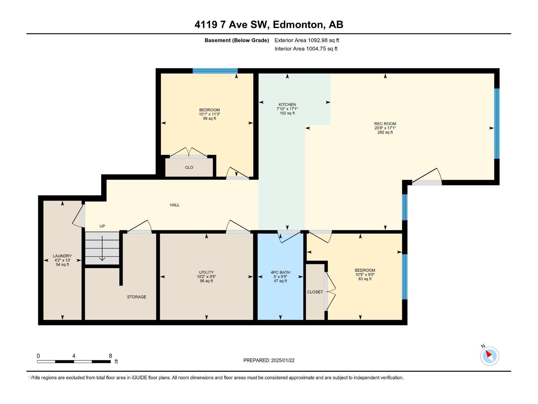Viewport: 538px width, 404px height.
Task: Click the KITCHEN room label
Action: point(287,104)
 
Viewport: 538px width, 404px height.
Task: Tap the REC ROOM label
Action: point(385,124)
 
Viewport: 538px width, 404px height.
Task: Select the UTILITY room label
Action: point(206,272)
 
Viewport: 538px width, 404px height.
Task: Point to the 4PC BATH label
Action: point(280,272)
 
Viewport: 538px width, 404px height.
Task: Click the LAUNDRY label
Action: point(62,256)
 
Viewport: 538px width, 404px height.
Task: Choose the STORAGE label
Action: point(137,297)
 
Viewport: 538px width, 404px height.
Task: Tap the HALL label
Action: point(175,205)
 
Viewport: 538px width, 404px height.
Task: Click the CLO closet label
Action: point(189,167)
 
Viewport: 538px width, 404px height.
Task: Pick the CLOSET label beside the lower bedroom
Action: point(315,292)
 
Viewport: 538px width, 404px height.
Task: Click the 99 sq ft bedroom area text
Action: point(209,119)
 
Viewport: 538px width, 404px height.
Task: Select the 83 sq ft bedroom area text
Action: point(365,279)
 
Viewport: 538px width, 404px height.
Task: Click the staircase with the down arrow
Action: point(102,248)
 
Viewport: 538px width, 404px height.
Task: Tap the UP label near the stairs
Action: point(102,226)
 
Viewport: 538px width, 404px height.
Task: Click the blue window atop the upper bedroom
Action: point(215,71)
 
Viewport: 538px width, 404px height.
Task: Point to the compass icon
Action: point(489,356)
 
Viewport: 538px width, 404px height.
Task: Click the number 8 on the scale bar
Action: point(110,356)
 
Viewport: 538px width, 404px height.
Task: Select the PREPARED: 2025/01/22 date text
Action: point(269,360)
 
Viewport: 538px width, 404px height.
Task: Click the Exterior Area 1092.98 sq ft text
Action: point(307,40)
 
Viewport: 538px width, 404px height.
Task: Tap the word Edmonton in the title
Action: point(299,25)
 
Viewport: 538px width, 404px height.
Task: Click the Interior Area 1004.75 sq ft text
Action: point(306,48)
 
